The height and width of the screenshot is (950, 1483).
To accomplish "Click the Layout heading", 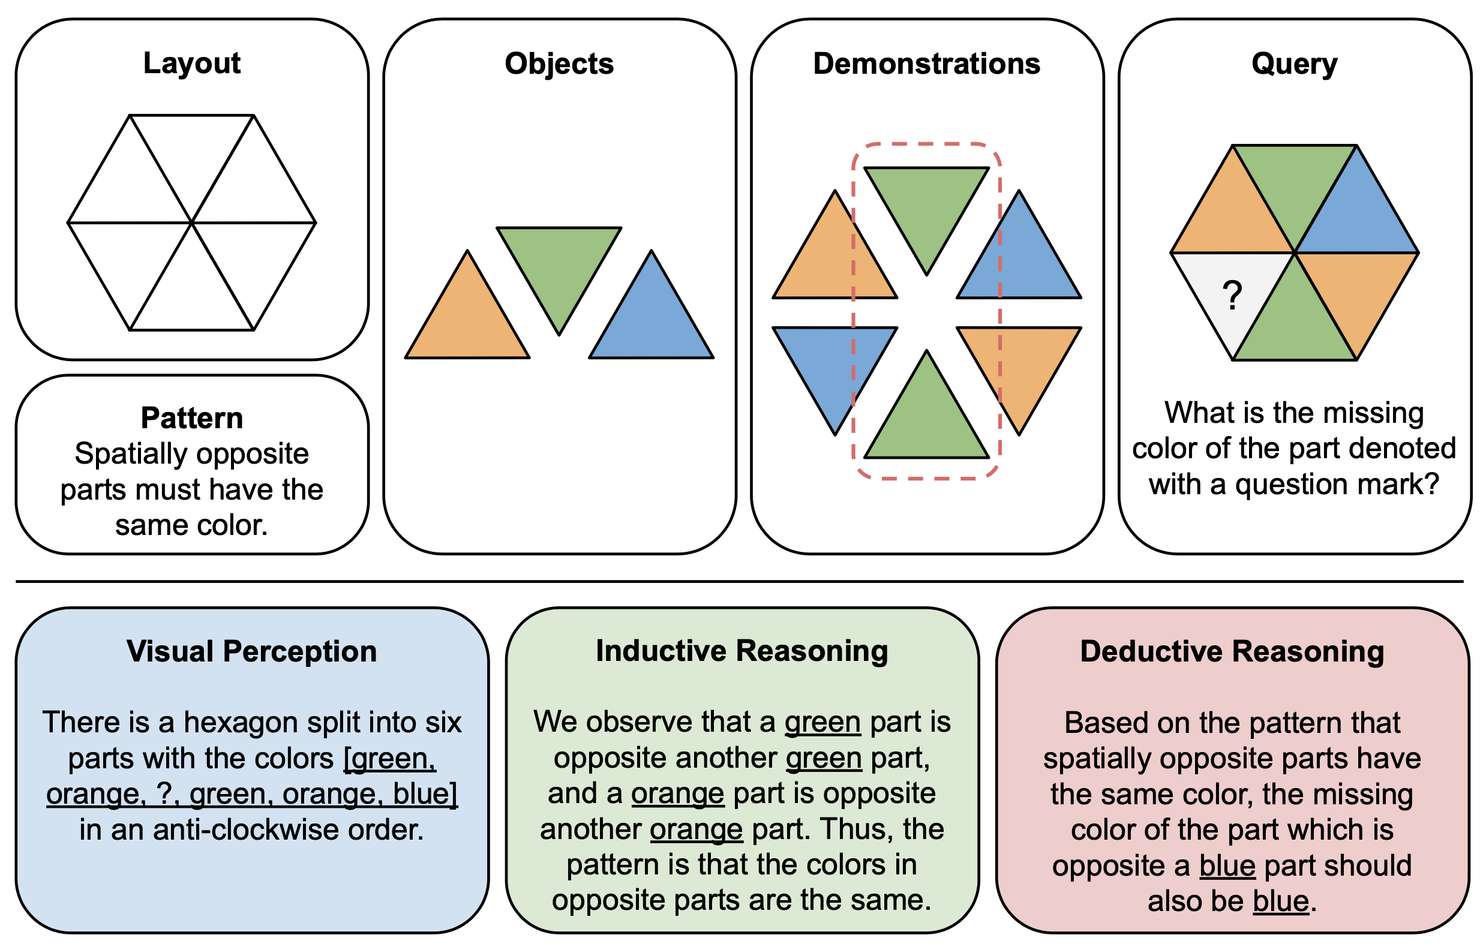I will point(192,64).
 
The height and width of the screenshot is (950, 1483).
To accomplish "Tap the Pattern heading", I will point(192,418).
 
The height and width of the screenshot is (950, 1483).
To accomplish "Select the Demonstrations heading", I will point(926,64).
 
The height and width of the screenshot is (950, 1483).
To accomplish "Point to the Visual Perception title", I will point(252,651).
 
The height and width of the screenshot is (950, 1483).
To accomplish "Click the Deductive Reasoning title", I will point(1232,651).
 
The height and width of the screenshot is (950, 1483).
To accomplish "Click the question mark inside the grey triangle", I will point(1232,296).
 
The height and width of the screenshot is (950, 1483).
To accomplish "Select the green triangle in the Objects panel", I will point(559,265).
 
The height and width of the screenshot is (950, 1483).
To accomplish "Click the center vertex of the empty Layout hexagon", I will point(192,222).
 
